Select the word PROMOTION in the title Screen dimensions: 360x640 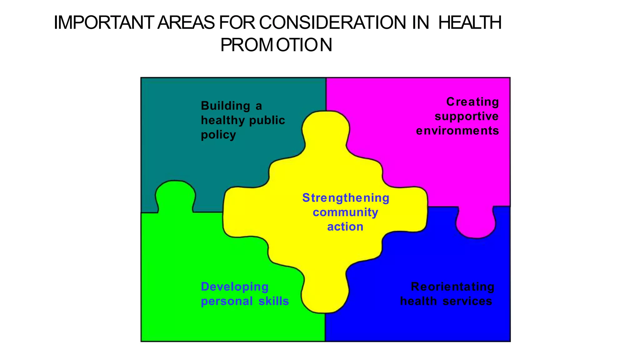click(276, 45)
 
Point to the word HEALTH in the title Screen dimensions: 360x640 click(470, 23)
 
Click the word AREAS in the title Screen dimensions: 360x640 click(186, 23)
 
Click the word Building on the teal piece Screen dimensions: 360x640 click(225, 106)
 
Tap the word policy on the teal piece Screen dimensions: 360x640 click(218, 135)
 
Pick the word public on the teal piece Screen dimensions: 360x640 click(268, 120)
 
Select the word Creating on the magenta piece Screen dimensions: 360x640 click(472, 102)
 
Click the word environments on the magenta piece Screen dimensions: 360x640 click(457, 131)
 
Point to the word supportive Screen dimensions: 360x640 click(467, 116)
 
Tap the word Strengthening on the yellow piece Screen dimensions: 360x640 click(346, 198)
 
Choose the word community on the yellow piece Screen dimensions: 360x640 click(345, 212)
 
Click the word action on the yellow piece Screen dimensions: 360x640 click(345, 227)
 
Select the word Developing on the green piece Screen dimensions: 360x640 click(234, 287)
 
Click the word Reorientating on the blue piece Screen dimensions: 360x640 click(452, 287)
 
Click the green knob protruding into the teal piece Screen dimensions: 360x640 click(175, 195)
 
